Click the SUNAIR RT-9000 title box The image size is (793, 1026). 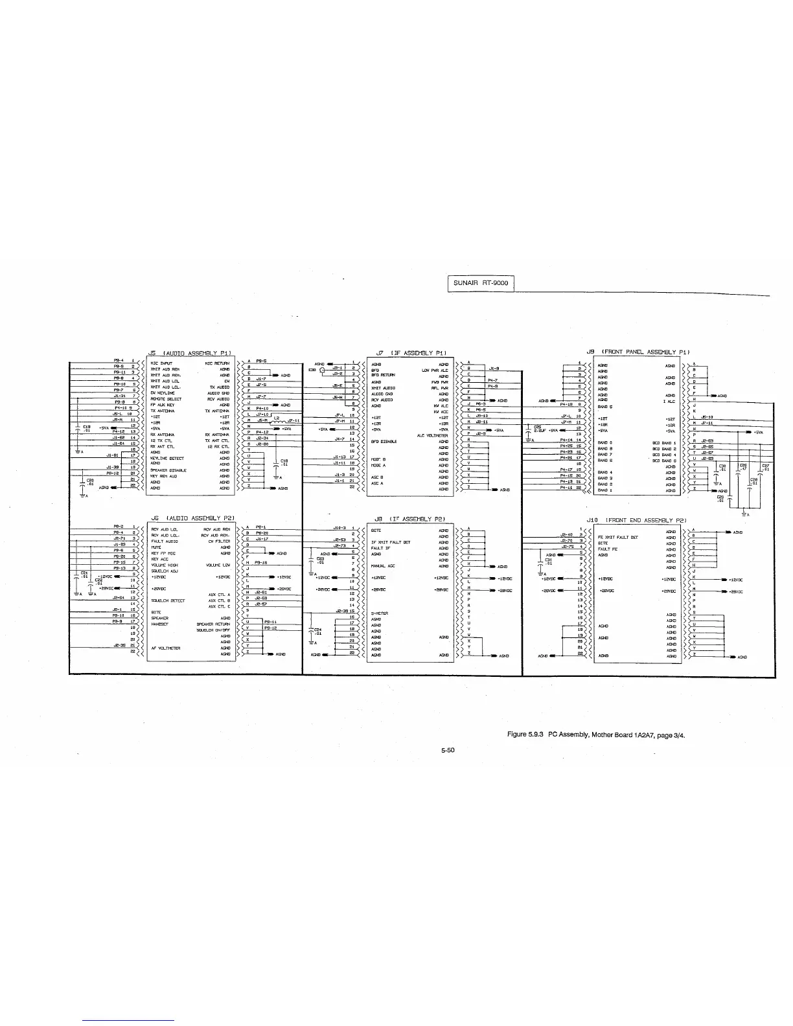pos(481,284)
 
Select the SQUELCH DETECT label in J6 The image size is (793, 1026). pos(168,600)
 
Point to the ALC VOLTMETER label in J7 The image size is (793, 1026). pos(432,435)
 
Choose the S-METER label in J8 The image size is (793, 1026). pos(379,613)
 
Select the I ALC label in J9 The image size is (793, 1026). pos(669,402)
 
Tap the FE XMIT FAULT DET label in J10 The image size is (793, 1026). pos(618,537)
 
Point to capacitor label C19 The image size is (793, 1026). pos(86,426)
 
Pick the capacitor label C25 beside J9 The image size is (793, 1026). pos(537,426)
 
